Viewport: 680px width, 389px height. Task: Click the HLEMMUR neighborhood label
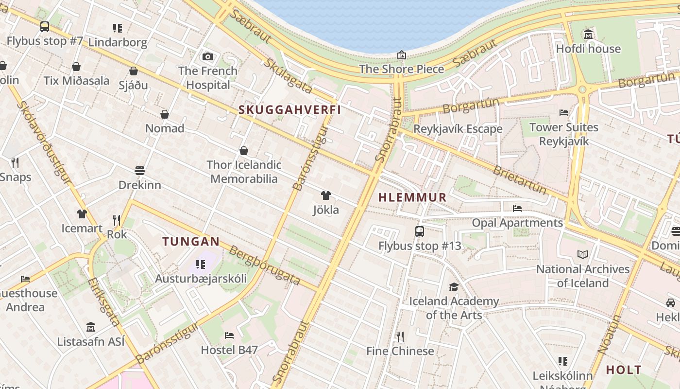(x=412, y=197)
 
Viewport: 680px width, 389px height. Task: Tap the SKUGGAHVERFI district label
(x=289, y=110)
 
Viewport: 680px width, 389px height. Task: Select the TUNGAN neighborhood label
(x=191, y=241)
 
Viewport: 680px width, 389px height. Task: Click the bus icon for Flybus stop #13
(x=420, y=231)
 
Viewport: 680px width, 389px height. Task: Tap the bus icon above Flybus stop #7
(x=45, y=27)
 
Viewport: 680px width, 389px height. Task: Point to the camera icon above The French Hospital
(x=208, y=56)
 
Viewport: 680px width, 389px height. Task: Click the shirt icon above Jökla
(x=326, y=195)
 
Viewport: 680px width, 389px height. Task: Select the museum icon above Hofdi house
(x=588, y=35)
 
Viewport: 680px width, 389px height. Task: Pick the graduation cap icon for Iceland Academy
(x=454, y=287)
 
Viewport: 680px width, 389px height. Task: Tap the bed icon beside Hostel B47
(x=229, y=336)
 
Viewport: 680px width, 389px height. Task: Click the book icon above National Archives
(x=583, y=254)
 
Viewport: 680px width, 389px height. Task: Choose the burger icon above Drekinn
(x=140, y=171)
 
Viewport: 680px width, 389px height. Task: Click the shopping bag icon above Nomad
(x=165, y=114)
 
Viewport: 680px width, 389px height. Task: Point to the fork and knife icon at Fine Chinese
(x=400, y=336)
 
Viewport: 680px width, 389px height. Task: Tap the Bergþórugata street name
(x=264, y=265)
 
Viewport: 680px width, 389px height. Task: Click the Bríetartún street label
(x=520, y=179)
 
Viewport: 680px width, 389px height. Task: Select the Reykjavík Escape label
(x=458, y=129)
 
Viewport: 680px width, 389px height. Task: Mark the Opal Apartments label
(x=517, y=223)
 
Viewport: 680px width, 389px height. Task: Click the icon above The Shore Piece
(x=402, y=55)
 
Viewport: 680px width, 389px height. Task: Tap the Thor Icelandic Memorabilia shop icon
(x=244, y=151)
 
